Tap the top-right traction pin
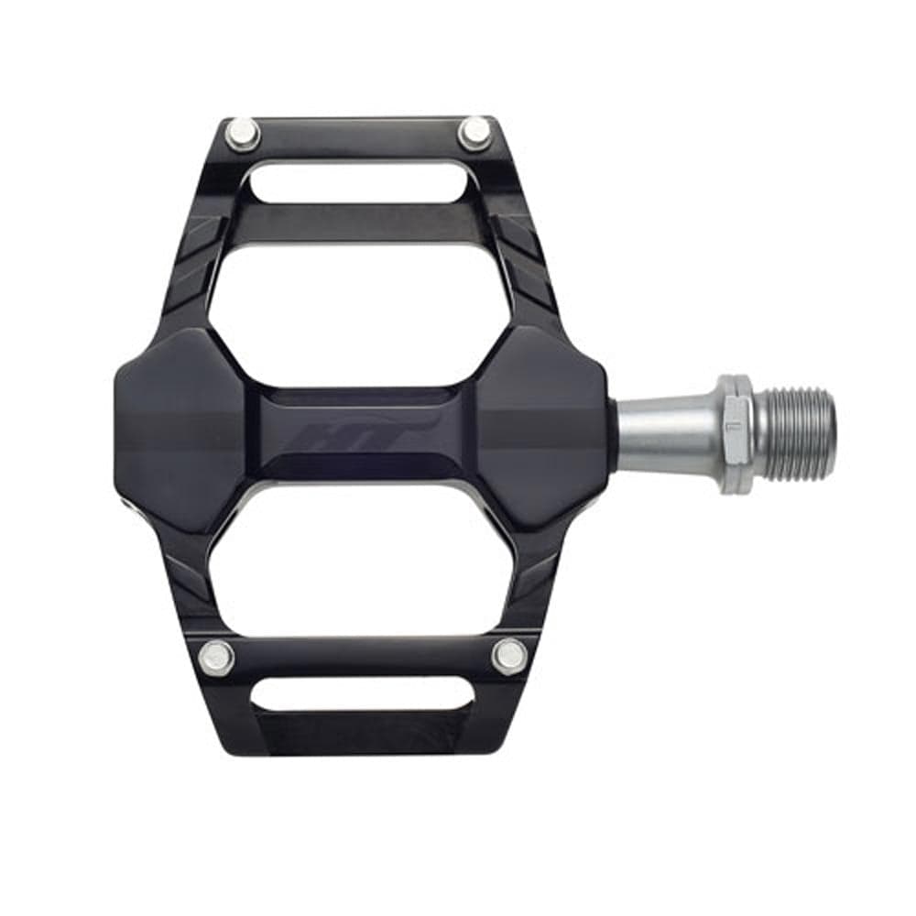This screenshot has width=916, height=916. pos(474,133)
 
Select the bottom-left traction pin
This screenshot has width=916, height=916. pos(216,657)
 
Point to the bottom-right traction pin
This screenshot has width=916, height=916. pos(508,655)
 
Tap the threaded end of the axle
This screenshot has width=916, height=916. pos(798,433)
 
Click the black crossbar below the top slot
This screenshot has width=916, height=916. pos(362,224)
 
